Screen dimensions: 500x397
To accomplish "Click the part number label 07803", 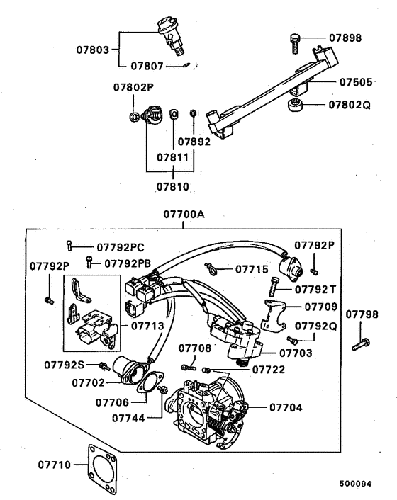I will click(x=93, y=50).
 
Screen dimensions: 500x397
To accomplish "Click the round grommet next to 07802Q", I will click(x=296, y=106).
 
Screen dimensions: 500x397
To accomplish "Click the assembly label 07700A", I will click(x=183, y=213).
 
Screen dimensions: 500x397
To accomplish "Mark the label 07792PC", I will click(x=120, y=247).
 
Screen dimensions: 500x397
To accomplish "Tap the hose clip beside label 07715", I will click(x=210, y=268).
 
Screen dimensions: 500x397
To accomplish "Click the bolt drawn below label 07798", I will click(x=361, y=345).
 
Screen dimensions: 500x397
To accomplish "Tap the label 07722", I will click(x=268, y=369).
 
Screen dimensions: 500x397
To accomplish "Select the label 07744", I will click(x=128, y=418).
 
